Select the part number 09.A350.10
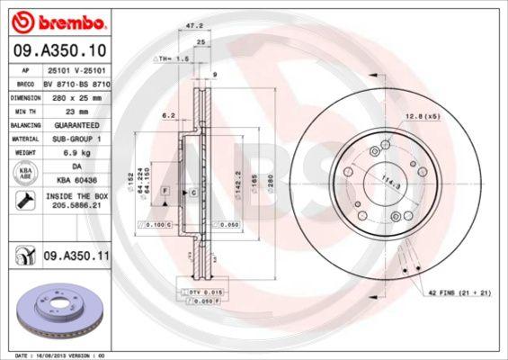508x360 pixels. click(x=58, y=49)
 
